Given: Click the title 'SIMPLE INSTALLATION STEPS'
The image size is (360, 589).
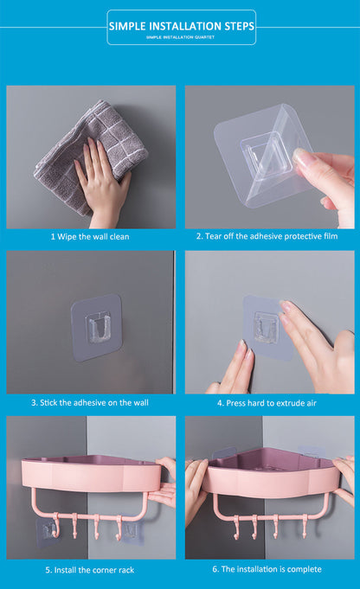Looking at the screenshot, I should coord(181,27).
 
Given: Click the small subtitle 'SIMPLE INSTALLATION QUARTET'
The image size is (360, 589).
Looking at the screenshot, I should coord(181,37).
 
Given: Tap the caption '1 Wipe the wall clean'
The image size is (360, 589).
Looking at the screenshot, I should coord(91,236).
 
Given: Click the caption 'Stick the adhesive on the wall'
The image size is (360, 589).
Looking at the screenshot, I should coord(91,402).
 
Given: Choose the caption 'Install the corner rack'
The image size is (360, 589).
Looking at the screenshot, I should coord(91,569).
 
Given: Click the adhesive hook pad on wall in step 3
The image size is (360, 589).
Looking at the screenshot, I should coord(96,326).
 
